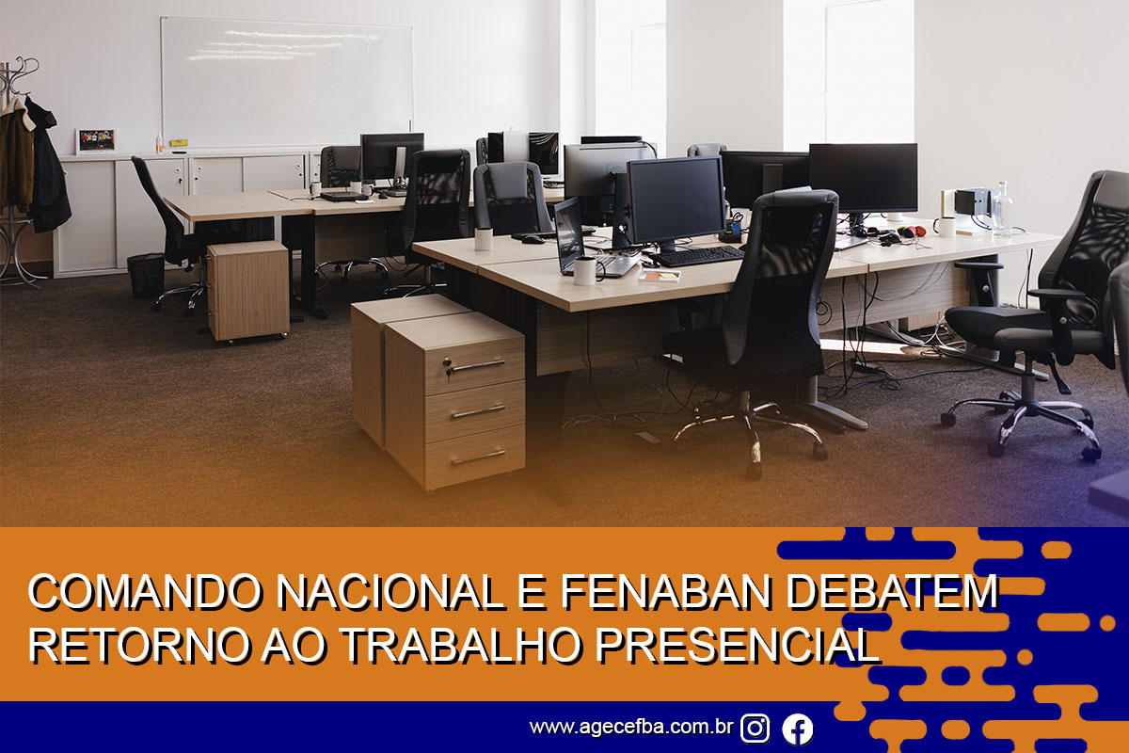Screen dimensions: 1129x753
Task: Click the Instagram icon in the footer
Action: pyautogui.click(x=755, y=729)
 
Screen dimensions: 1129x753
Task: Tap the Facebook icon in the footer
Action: pyautogui.click(x=798, y=729)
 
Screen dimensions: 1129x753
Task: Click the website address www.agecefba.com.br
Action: pyautogui.click(x=631, y=728)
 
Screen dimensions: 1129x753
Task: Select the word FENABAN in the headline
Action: pyautogui.click(x=667, y=592)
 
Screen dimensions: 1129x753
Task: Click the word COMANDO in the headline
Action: pyautogui.click(x=145, y=592)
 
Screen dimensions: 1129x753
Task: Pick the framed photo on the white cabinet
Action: pyautogui.click(x=96, y=140)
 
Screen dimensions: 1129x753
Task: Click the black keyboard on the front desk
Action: pyautogui.click(x=698, y=256)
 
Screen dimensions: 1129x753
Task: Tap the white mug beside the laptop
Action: pyautogui.click(x=585, y=271)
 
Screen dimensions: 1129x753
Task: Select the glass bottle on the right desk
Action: pyautogui.click(x=1002, y=210)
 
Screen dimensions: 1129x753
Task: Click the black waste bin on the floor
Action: pyautogui.click(x=146, y=275)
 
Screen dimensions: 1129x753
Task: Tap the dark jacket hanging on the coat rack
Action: pyautogui.click(x=48, y=167)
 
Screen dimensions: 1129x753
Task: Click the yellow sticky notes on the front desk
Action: pyautogui.click(x=660, y=276)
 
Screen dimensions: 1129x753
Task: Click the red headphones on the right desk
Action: pyautogui.click(x=912, y=232)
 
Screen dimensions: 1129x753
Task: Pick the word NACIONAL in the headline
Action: pyautogui.click(x=390, y=592)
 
